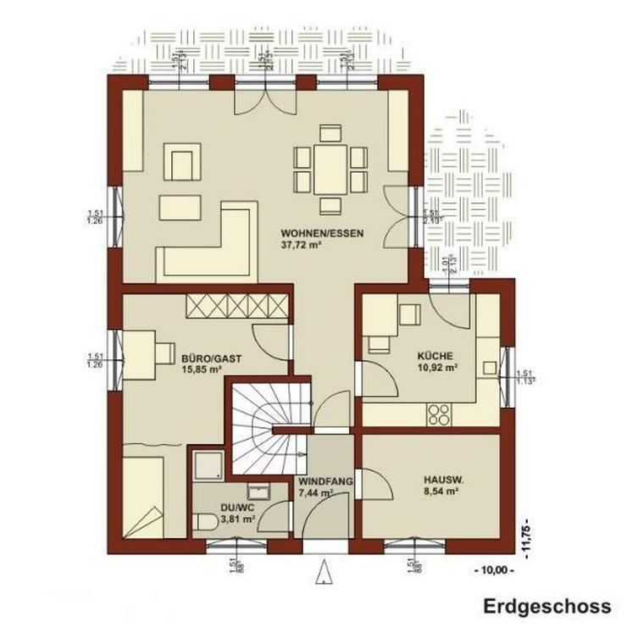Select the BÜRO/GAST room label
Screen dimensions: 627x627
[x=202, y=357]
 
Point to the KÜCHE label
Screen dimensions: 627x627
[x=435, y=357]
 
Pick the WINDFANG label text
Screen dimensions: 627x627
[x=325, y=480]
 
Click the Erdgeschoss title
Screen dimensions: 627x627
[x=547, y=606]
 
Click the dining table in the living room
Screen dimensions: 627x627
[x=330, y=169]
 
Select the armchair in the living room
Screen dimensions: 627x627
[x=182, y=162]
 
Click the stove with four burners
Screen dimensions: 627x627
[x=438, y=414]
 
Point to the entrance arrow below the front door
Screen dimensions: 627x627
[x=325, y=574]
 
